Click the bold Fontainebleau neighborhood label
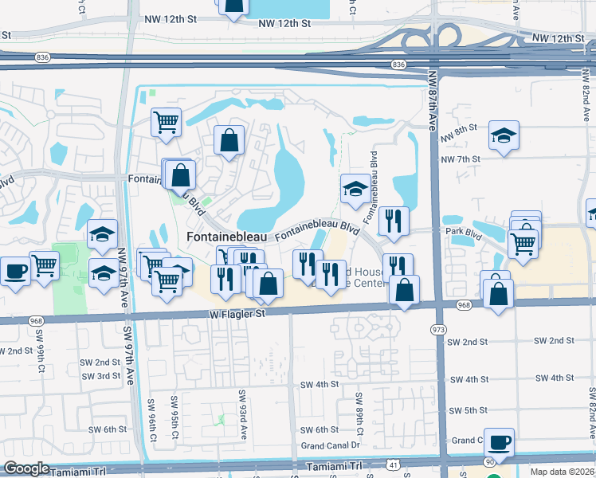coord(227,237)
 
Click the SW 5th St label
coord(468,410)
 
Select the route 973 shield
coord(437,328)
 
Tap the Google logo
coord(27,468)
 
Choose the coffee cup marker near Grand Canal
coord(499,442)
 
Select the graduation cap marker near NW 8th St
coord(504,135)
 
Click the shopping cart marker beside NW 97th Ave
coord(167,123)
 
